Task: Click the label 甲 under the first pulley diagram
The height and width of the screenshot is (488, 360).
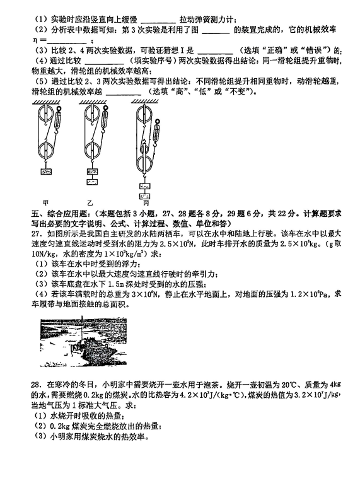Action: (x=46, y=203)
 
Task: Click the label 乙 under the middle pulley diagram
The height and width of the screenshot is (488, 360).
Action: (x=90, y=203)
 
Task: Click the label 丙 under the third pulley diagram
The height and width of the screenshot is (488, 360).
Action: (x=146, y=203)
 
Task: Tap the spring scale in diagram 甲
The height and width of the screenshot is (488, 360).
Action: (x=58, y=120)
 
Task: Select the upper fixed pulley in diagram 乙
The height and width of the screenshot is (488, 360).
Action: (x=92, y=113)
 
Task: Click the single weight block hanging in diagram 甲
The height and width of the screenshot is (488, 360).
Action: (x=46, y=171)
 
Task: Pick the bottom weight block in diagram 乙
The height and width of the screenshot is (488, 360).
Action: (x=92, y=182)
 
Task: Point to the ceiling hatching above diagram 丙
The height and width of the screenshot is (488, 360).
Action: (x=144, y=102)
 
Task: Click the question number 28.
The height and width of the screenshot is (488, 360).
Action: (x=36, y=385)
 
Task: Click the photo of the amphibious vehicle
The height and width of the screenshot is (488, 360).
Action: (x=83, y=342)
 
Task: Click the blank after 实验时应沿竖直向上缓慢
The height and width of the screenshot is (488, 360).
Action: (x=158, y=20)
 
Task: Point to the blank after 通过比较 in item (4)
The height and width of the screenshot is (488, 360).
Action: (x=104, y=61)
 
